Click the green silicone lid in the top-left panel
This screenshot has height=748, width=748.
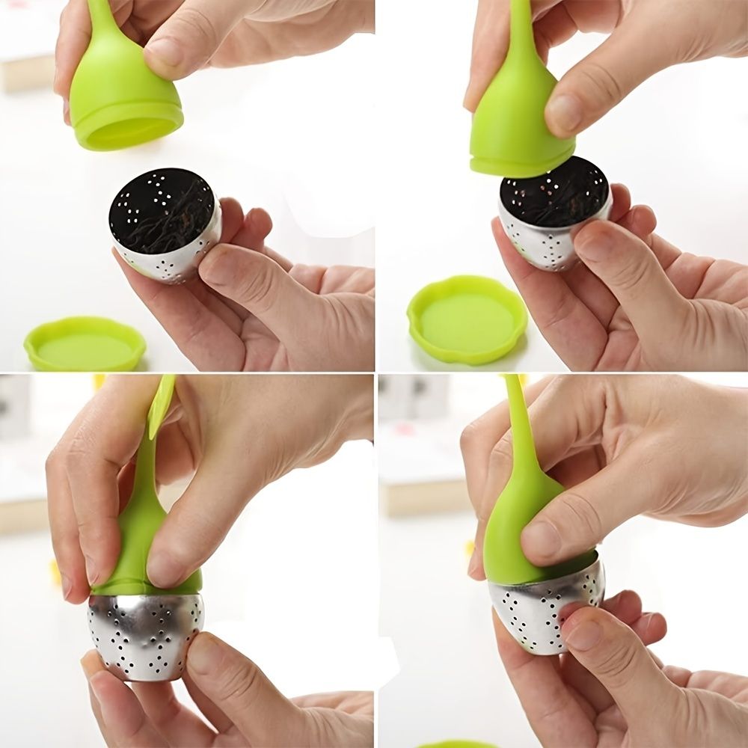tap(123, 97)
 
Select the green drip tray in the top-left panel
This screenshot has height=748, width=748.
tap(84, 344)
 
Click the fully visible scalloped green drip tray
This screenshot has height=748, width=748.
tap(467, 319)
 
